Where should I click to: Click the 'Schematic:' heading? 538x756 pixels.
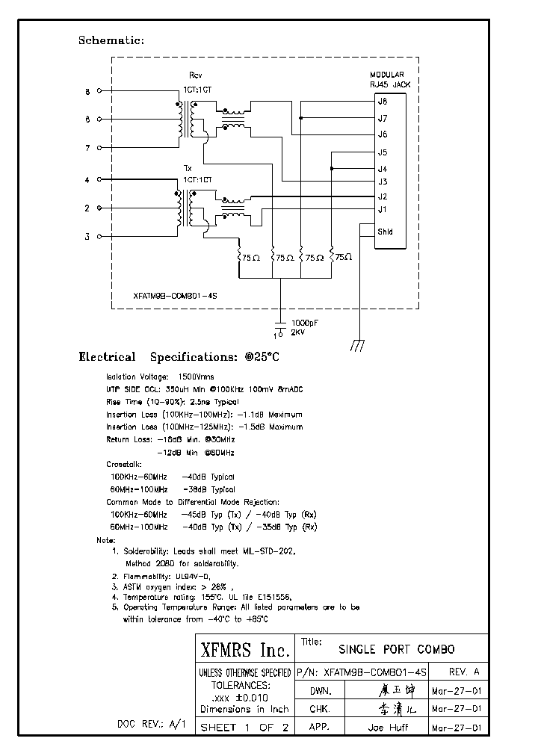tap(111, 40)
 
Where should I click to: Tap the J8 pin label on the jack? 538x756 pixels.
tap(383, 101)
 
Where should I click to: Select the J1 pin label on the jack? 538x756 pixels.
tap(383, 209)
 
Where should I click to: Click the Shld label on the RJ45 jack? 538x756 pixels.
tap(385, 232)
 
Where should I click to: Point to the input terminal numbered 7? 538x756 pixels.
tap(87, 148)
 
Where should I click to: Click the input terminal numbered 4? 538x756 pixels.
tap(87, 180)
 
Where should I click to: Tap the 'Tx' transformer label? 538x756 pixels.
tap(188, 168)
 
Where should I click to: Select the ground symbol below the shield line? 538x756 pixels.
tap(358, 344)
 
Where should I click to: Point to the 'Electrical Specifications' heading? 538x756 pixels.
tap(179, 357)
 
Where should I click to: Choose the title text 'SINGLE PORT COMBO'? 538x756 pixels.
tap(396, 649)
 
